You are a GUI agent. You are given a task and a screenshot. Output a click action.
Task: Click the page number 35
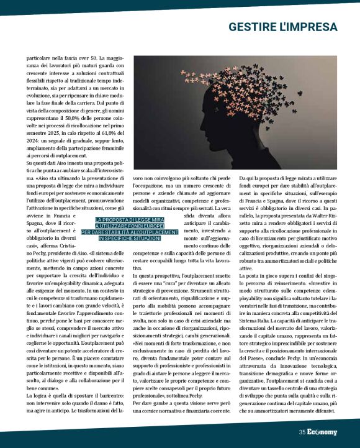(x=302, y=432)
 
